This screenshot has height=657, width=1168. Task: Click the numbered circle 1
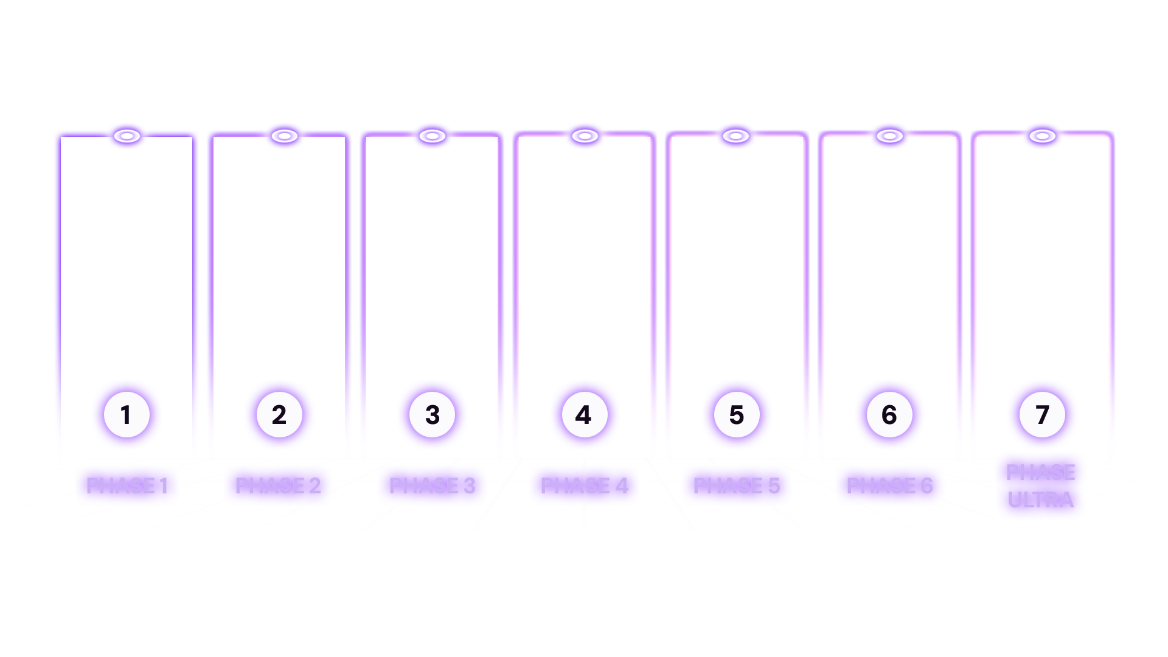127,415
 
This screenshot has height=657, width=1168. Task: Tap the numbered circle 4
584,415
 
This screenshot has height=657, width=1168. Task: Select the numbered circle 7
1042,415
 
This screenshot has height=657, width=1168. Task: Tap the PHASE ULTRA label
1041,486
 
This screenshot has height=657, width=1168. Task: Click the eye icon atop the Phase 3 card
432,136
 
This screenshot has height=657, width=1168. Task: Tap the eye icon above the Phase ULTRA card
1042,136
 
